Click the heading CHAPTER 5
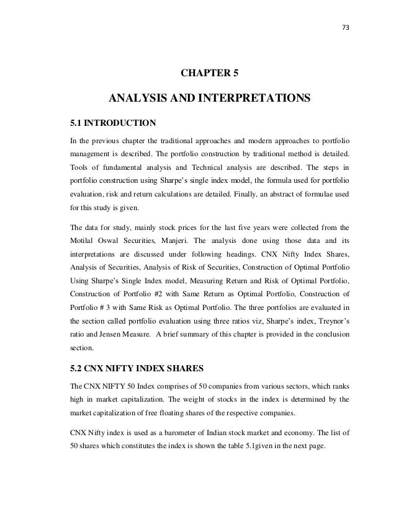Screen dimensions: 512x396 click(209, 74)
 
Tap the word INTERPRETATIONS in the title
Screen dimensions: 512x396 click(253, 99)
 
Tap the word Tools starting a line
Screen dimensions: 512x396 click(79, 169)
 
